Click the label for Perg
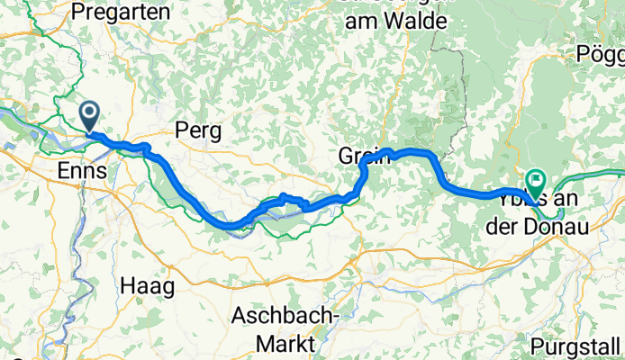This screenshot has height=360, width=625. click(x=199, y=130)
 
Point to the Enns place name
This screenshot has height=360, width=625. click(x=83, y=171)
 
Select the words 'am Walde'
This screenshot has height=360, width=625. click(x=392, y=20)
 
